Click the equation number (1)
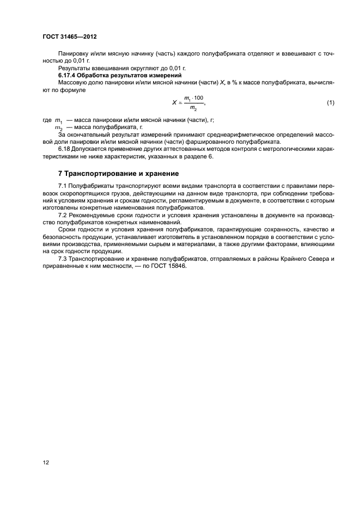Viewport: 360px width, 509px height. tap(330, 102)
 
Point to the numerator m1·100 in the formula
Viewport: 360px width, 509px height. tap(193, 97)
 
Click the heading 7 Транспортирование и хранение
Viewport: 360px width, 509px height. tap(118, 174)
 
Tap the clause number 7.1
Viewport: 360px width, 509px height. tap(63, 187)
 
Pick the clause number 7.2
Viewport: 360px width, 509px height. tap(63, 215)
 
